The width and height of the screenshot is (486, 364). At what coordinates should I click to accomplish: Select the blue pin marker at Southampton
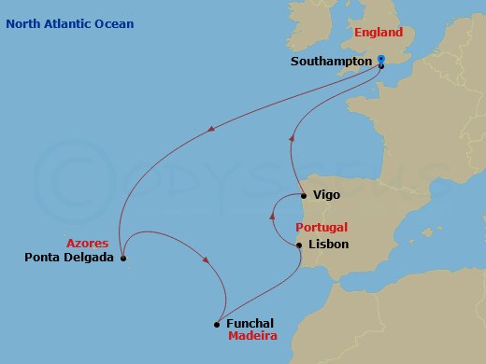coord(380,60)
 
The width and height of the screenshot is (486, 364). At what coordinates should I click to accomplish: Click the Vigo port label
coord(327,195)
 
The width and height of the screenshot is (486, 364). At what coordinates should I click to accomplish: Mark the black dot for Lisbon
coord(299,245)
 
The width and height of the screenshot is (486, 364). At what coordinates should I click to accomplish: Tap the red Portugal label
coord(322,227)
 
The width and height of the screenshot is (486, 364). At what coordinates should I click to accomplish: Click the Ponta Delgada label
coord(70,258)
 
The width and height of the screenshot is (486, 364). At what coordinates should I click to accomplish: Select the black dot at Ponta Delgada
coord(123,259)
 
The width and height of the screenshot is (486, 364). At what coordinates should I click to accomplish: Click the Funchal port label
coord(250,324)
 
